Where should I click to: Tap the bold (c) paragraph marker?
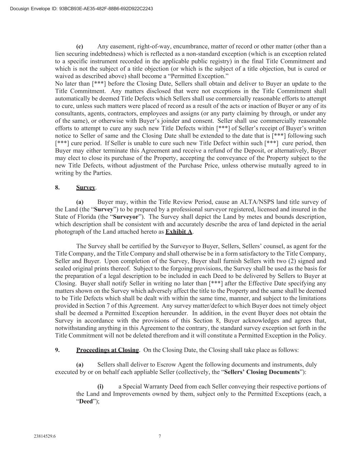pos(80,46)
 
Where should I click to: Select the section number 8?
pos(57,187)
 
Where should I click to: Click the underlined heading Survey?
pos(86,187)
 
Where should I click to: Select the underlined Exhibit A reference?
pos(179,232)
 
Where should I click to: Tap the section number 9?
pos(57,350)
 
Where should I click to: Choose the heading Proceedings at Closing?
pos(107,350)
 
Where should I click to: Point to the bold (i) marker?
pos(100,386)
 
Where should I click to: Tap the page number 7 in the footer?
pos(160,436)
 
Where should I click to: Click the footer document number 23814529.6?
pos(45,436)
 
